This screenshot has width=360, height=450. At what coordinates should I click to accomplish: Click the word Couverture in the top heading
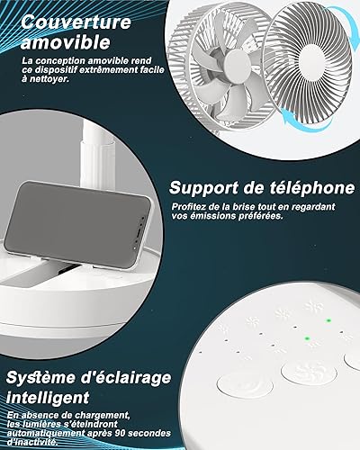pyautogui.click(x=76, y=22)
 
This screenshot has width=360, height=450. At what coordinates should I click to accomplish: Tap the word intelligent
pyautogui.click(x=48, y=398)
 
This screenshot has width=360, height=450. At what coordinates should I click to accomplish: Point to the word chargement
pyautogui.click(x=103, y=416)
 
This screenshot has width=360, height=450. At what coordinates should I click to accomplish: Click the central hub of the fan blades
pyautogui.click(x=238, y=65)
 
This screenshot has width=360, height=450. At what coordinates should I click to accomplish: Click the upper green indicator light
pyautogui.click(x=328, y=320)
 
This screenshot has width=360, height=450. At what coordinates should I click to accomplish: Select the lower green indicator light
pyautogui.click(x=307, y=338)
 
